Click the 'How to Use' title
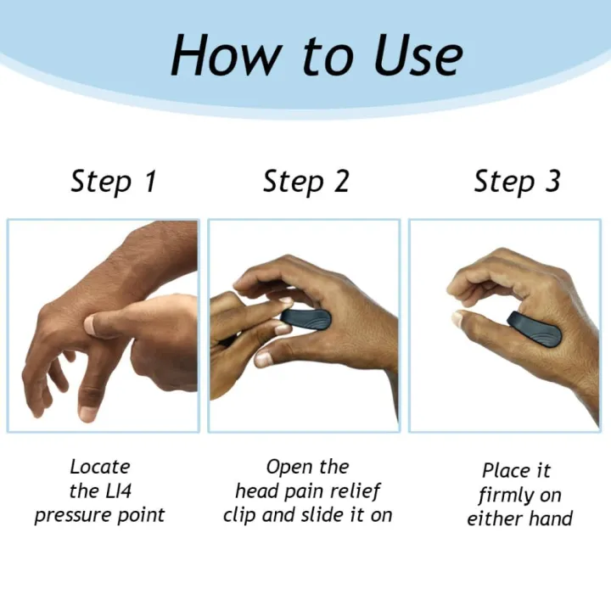click(316, 56)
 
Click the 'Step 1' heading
click(113, 182)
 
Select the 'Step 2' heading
click(305, 182)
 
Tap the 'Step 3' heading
click(517, 182)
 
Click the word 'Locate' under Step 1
click(100, 466)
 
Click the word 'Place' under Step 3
click(504, 470)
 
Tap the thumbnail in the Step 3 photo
click(458, 318)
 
